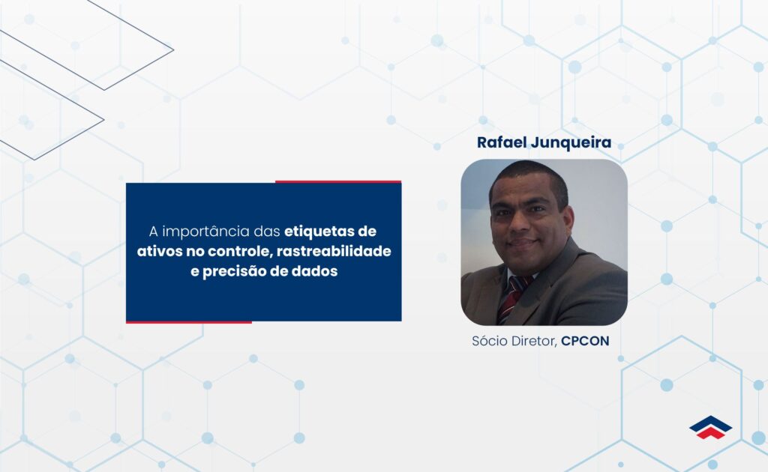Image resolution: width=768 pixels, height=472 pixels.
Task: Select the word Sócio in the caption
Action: pyautogui.click(x=489, y=342)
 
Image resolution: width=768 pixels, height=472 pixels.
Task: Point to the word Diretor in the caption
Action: pyautogui.click(x=533, y=342)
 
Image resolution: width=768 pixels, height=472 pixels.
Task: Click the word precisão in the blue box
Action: pyautogui.click(x=238, y=271)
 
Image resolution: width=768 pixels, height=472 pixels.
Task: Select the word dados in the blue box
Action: pyautogui.click(x=316, y=271)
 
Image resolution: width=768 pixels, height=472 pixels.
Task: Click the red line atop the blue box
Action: pyautogui.click(x=337, y=181)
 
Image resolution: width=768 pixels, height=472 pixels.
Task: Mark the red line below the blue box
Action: pyautogui.click(x=188, y=322)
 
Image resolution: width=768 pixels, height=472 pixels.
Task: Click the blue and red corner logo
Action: pyautogui.click(x=710, y=427)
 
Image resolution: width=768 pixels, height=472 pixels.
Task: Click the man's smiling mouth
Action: pyautogui.click(x=524, y=243)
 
